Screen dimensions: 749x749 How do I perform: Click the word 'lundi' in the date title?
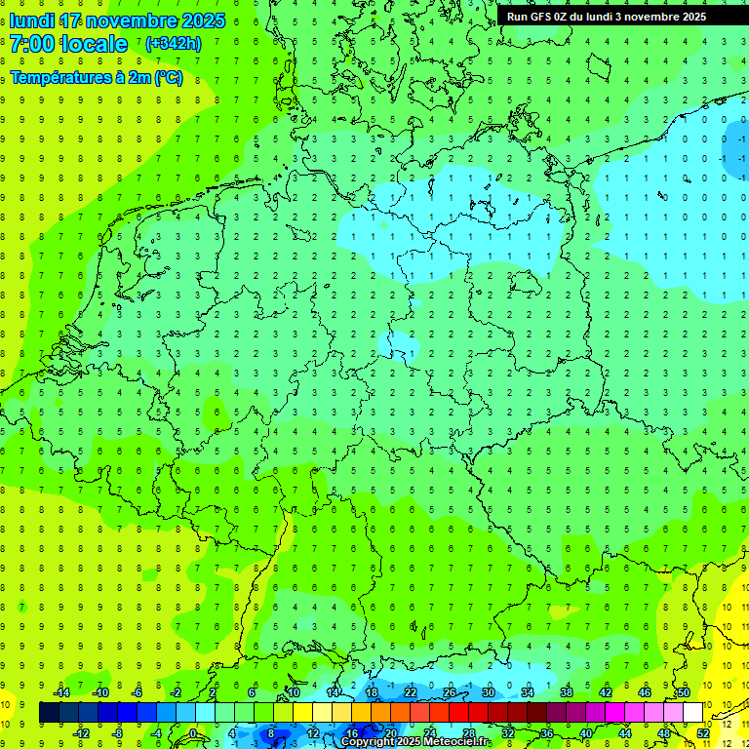click(x=31, y=20)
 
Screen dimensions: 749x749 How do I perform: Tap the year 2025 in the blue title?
click(x=202, y=20)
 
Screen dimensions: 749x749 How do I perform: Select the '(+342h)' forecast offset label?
click(x=174, y=44)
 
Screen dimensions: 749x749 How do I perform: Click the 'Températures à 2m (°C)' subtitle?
click(x=96, y=78)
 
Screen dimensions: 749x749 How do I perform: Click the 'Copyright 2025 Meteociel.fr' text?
click(x=415, y=742)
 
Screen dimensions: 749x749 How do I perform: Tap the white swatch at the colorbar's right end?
click(x=693, y=713)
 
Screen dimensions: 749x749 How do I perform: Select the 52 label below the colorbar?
click(x=703, y=733)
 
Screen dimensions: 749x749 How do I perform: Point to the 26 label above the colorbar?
click(x=450, y=692)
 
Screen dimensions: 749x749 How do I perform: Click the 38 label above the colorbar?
click(x=567, y=692)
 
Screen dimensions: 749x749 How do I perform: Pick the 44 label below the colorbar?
click(x=625, y=733)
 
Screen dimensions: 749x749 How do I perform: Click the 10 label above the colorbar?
click(x=294, y=692)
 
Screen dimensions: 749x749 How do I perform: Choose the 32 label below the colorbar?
click(x=508, y=733)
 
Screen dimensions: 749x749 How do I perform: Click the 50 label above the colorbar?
click(x=684, y=692)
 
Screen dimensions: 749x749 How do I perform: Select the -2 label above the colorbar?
click(x=177, y=692)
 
